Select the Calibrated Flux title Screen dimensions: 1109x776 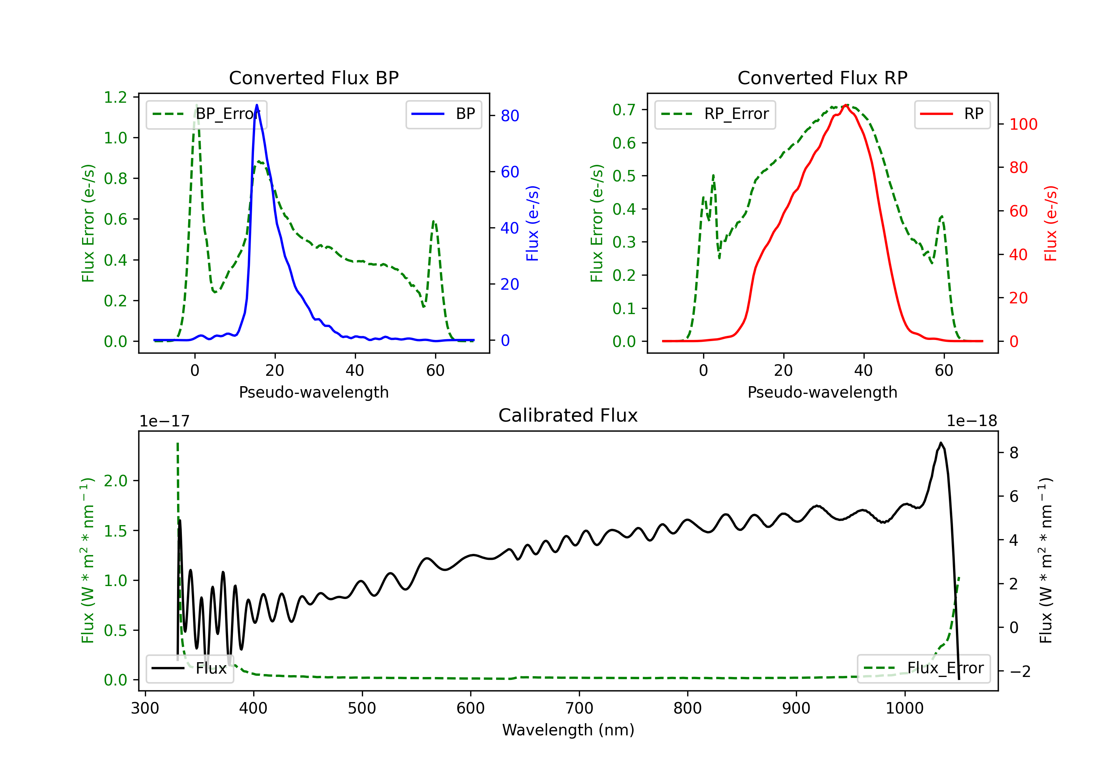tap(568, 415)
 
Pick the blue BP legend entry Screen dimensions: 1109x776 tap(444, 114)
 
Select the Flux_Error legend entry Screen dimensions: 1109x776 tap(923, 668)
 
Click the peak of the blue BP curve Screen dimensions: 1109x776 tap(257, 105)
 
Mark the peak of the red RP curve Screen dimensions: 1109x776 tap(846, 105)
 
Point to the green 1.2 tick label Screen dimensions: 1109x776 tap(115, 98)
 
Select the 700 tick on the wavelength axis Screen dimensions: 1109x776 tap(579, 708)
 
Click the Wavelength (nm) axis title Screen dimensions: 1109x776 tap(568, 730)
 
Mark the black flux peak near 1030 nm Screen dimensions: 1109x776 tap(941, 443)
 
